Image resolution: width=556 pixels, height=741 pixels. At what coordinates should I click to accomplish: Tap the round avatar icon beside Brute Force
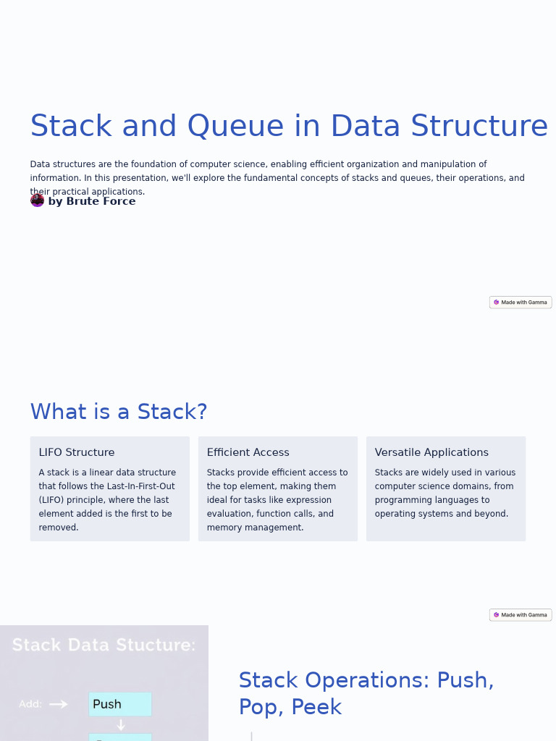point(38,200)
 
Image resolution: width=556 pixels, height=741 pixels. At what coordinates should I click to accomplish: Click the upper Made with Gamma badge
point(521,302)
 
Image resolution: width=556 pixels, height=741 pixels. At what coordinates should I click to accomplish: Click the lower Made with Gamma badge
point(521,615)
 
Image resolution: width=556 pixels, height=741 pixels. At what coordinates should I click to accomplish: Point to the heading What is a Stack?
point(119,412)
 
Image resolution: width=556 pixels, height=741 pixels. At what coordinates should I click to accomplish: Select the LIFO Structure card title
point(77,452)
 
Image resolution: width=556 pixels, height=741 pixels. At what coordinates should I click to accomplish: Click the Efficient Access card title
point(248,452)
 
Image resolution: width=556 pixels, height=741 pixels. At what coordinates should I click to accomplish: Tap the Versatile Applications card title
point(431,452)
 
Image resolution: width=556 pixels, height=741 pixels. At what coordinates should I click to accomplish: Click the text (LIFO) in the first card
point(53,500)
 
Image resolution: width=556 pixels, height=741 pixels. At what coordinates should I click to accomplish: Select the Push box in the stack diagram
point(120,704)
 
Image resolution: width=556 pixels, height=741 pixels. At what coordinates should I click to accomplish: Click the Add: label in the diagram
point(30,704)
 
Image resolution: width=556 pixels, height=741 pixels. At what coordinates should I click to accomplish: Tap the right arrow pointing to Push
point(59,704)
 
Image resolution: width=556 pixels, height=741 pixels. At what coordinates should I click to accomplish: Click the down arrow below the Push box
point(121,725)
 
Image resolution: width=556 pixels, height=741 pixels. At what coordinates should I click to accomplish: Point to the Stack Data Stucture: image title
point(104,645)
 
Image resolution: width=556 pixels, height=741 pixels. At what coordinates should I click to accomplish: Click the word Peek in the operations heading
point(316,707)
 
